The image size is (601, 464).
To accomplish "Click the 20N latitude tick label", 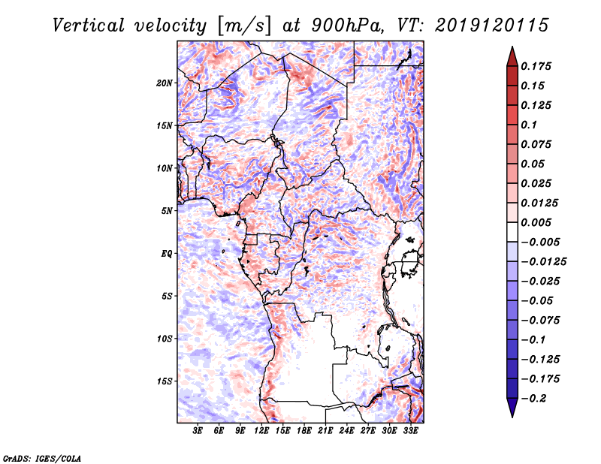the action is pyautogui.click(x=165, y=83).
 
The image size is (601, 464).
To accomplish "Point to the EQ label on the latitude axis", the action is pyautogui.click(x=167, y=254).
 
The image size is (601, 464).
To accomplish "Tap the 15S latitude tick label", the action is pyautogui.click(x=165, y=381).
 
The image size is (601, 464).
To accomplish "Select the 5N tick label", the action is pyautogui.click(x=167, y=211).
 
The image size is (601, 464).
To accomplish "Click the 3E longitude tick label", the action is pyautogui.click(x=198, y=431).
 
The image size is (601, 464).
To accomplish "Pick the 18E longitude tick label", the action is pyautogui.click(x=304, y=431).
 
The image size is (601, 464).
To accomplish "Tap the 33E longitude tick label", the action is pyautogui.click(x=410, y=431).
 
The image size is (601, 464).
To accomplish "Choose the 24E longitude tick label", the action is pyautogui.click(x=346, y=431).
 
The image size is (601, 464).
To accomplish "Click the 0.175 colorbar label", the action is pyautogui.click(x=536, y=66).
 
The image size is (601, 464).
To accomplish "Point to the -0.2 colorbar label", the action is pyautogui.click(x=533, y=399).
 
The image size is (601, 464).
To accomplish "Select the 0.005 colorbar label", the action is pyautogui.click(x=536, y=222).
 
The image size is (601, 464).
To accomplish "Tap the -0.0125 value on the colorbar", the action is pyautogui.click(x=543, y=262).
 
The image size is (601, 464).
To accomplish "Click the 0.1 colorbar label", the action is pyautogui.click(x=529, y=125).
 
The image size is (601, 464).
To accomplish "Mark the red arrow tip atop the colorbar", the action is pyautogui.click(x=512, y=47).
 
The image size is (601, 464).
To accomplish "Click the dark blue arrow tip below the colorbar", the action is pyautogui.click(x=512, y=417).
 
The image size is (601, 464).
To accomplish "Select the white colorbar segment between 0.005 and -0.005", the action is pyautogui.click(x=512, y=232).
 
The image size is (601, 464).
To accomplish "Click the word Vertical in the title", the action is pyautogui.click(x=89, y=26).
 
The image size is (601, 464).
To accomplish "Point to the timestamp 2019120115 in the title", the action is pyautogui.click(x=492, y=26).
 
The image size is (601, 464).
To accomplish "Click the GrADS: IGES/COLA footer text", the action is pyautogui.click(x=42, y=459).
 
